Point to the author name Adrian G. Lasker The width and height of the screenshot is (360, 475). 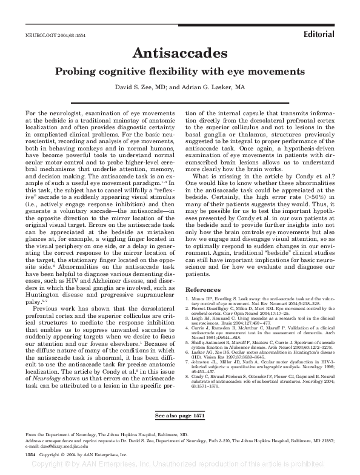click(210, 87)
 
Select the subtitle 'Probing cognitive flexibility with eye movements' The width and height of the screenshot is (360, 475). click(179, 71)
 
